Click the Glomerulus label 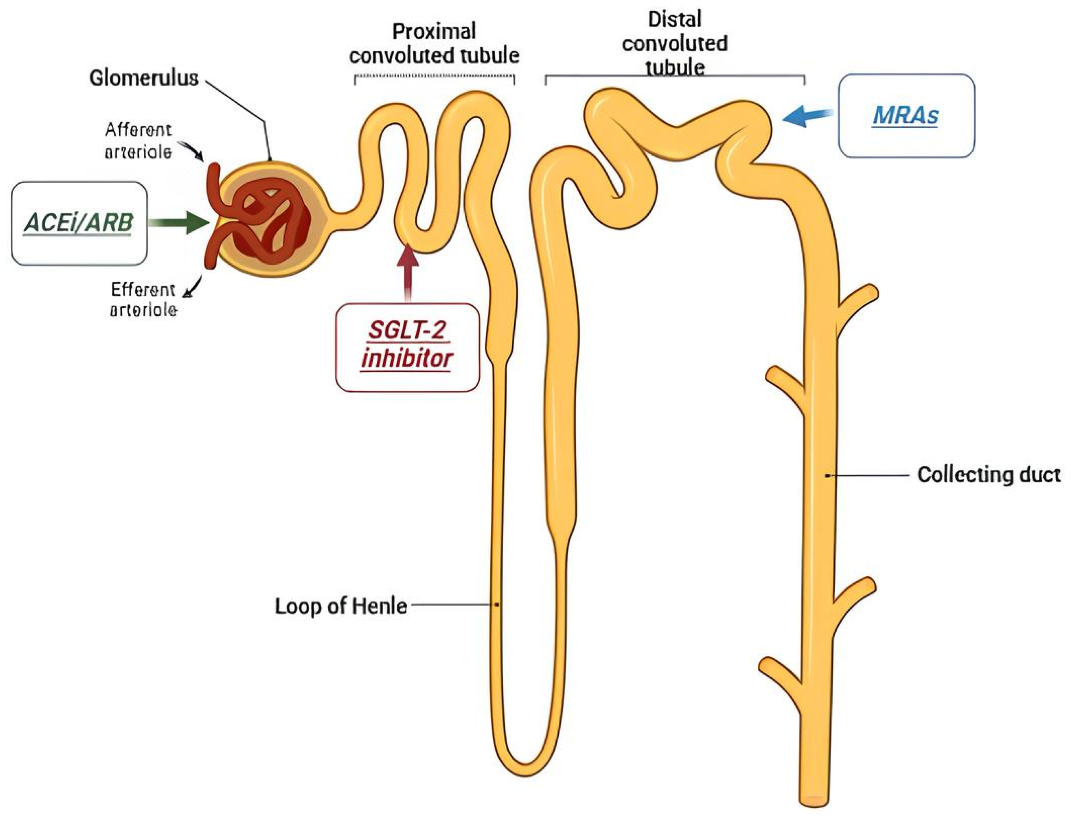pos(144,78)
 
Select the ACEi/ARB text pos(78,223)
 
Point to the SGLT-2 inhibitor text pos(407,345)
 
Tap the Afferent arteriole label pos(138,141)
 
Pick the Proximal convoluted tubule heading pos(434,44)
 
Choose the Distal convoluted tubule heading pos(674,44)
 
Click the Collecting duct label pos(989,475)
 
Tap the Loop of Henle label pos(341,606)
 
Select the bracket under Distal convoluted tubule pos(675,76)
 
